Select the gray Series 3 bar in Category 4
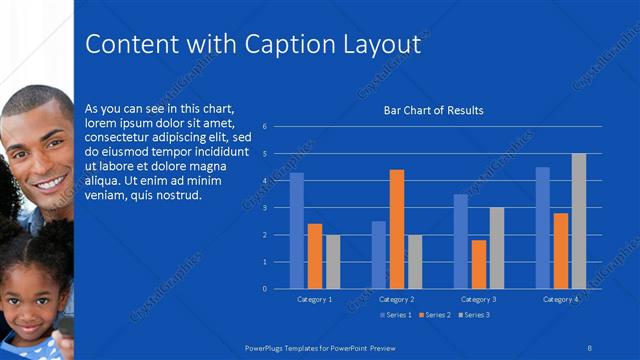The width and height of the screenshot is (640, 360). coord(579,221)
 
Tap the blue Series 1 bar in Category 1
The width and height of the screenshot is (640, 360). coord(297,230)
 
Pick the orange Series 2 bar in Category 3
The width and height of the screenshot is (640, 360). coord(479,264)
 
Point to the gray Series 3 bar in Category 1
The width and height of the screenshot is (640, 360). coord(333,261)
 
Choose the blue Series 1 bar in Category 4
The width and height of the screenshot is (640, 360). coord(543,227)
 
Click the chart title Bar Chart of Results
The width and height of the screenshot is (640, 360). coord(434,110)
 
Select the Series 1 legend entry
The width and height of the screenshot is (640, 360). coord(398,315)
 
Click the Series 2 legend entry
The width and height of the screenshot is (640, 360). coord(436,315)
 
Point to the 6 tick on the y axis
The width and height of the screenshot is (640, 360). coord(264,127)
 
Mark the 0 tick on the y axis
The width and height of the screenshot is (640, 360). coord(264,289)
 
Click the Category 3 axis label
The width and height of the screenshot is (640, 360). coord(479,299)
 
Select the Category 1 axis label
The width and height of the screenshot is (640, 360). coord(315,299)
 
